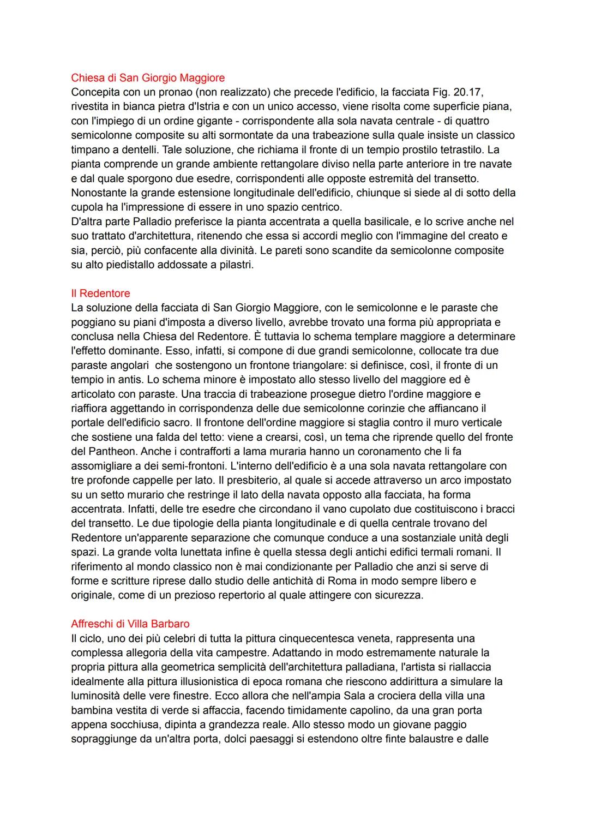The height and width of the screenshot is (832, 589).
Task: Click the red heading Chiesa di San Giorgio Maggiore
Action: [x=148, y=77]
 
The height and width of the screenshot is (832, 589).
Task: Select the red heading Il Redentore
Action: [x=100, y=294]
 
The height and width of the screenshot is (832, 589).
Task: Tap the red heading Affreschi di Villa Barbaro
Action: [x=130, y=624]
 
